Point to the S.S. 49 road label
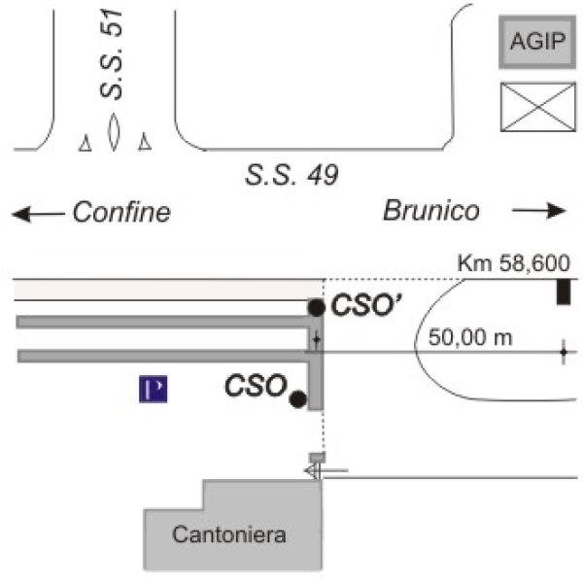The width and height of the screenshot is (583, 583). click(291, 176)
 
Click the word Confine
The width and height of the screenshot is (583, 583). click(121, 212)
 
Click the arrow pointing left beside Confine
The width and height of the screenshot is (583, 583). click(36, 213)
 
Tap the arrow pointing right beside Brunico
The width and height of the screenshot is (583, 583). click(538, 211)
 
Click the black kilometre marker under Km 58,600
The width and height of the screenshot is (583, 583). click(563, 291)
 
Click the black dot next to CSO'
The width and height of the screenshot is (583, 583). click(316, 308)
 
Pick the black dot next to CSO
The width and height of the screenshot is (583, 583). click(297, 397)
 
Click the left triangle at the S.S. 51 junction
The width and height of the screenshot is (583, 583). click(85, 144)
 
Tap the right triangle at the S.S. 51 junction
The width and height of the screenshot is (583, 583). click(146, 143)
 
